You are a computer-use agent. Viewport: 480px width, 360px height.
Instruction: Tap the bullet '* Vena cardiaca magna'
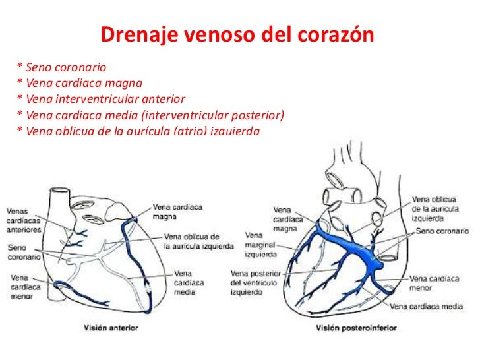[x=80, y=84]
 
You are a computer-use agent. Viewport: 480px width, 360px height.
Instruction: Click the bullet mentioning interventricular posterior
[x=150, y=115]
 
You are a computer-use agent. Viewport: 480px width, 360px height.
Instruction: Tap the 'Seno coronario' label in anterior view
[x=22, y=253]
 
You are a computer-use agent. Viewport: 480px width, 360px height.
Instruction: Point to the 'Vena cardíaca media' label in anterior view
[x=189, y=282]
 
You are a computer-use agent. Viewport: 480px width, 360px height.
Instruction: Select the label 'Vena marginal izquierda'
[x=260, y=244]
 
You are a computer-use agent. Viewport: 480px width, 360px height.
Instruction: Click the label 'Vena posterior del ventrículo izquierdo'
[x=256, y=282]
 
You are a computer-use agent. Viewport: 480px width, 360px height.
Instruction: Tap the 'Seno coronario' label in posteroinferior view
[x=442, y=232]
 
